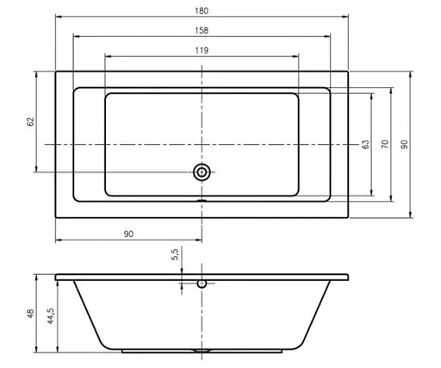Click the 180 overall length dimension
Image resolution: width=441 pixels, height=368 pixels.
coord(202,10)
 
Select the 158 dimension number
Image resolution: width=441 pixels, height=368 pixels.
coord(202,30)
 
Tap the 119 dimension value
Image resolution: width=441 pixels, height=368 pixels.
coord(202,51)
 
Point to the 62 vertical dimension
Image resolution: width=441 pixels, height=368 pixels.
coord(30,122)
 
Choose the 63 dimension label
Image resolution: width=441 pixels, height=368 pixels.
coord(365,143)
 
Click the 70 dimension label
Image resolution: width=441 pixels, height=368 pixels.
coord(386,143)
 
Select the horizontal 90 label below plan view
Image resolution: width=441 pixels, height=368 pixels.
coord(128,234)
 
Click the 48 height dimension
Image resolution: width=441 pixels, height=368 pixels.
coord(29,315)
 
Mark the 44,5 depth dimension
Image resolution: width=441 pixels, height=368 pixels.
coord(52,316)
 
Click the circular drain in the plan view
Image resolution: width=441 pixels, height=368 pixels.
coord(202,172)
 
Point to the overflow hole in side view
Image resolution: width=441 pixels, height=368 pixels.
coord(202,282)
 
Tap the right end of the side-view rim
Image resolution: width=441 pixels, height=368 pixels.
coord(351,278)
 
